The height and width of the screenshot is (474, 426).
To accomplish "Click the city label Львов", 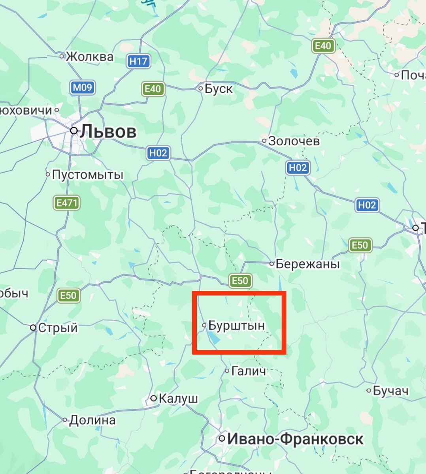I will point(108,132).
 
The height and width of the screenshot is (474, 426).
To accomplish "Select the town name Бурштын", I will point(236,326).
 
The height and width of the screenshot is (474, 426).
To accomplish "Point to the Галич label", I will point(249,371).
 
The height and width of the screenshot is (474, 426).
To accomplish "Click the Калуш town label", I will point(178,399).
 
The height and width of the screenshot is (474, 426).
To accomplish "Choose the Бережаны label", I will point(307,263).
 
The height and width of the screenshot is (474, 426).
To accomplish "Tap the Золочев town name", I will point(294,141).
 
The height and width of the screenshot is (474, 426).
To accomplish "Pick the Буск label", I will point(219,88).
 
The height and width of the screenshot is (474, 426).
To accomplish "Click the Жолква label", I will point(89,56).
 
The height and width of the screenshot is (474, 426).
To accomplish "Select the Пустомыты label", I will point(88,175).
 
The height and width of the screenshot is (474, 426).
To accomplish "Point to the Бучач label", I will point(390,391).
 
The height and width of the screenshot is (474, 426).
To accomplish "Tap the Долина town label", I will point(92,420).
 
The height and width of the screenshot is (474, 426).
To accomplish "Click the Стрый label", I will point(58,328).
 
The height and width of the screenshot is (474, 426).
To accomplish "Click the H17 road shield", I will point(138,61).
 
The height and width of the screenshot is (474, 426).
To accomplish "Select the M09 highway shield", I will point(82,87).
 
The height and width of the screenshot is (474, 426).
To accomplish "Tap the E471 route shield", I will point(67,203).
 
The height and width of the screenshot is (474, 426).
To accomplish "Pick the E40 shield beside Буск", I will point(153,89).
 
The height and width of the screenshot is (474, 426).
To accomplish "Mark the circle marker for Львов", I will point(74,130).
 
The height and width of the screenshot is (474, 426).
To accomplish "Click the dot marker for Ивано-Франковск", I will point(222,438).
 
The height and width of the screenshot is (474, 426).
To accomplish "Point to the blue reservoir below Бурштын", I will point(214,337).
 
